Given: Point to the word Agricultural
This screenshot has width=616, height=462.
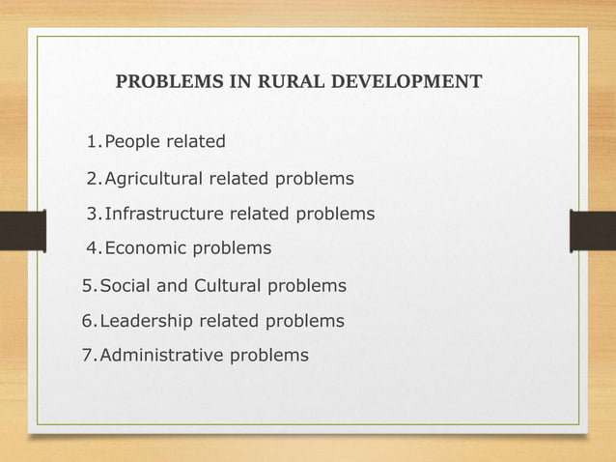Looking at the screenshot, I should coord(160,179).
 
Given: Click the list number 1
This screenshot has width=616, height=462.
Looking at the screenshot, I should coord(91,143).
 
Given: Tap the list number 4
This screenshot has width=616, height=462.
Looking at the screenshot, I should coord(91,248).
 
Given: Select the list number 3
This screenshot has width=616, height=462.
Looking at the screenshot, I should coord(91,214).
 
